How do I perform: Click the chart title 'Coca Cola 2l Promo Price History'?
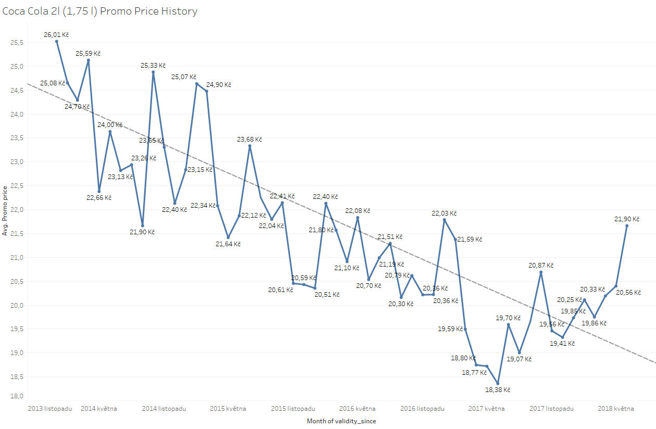point(100,11)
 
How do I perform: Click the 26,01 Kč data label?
point(56,35)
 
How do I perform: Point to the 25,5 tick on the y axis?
point(17,43)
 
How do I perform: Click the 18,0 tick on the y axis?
point(17,396)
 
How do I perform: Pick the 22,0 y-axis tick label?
point(17,210)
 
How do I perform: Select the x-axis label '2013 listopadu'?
point(50,409)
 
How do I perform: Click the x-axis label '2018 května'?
point(616,409)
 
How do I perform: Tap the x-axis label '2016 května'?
point(357,409)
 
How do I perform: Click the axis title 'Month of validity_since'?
point(341,421)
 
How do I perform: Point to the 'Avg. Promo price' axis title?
point(5,210)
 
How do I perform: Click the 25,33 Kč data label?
point(153,66)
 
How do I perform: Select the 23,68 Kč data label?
point(249,140)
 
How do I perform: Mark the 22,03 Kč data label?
point(444,213)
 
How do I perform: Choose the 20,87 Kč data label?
point(541,266)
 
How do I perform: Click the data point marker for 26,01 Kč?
point(57,41)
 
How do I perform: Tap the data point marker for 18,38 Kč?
point(498,383)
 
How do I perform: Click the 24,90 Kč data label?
point(219,85)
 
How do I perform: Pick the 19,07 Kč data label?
point(519,359)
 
